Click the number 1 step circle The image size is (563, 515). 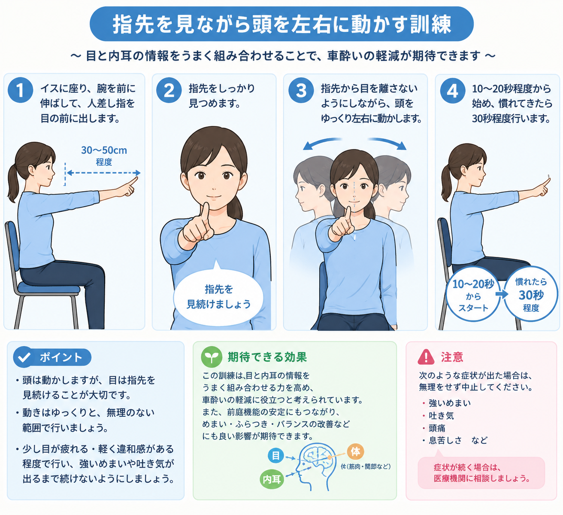[20, 90]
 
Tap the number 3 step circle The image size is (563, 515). [301, 90]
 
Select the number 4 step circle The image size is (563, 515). [453, 91]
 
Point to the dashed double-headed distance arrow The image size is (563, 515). [103, 173]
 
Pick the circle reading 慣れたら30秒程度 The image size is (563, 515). [531, 294]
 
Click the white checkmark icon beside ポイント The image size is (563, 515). [24, 357]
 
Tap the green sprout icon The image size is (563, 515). [212, 357]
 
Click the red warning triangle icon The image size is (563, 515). [426, 357]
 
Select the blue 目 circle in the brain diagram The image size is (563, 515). [275, 455]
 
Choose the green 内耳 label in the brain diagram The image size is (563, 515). [271, 480]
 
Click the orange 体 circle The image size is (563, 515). [355, 451]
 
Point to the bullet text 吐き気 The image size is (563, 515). [441, 415]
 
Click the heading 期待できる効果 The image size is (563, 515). [267, 357]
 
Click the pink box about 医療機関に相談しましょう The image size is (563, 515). [481, 473]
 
